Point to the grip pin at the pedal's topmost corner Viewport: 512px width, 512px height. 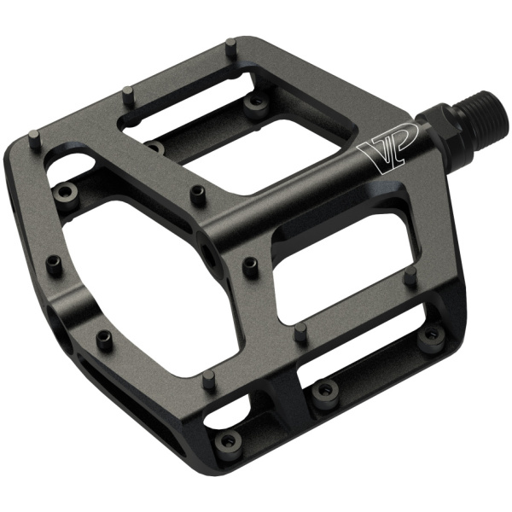pyautogui.click(x=231, y=48)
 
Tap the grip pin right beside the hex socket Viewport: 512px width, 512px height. pyautogui.click(x=251, y=266)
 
